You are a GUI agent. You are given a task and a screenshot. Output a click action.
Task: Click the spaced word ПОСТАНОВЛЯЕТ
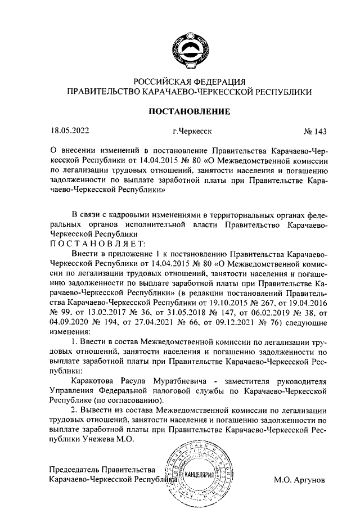98,243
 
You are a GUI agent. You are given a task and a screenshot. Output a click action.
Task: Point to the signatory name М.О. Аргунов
299,481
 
